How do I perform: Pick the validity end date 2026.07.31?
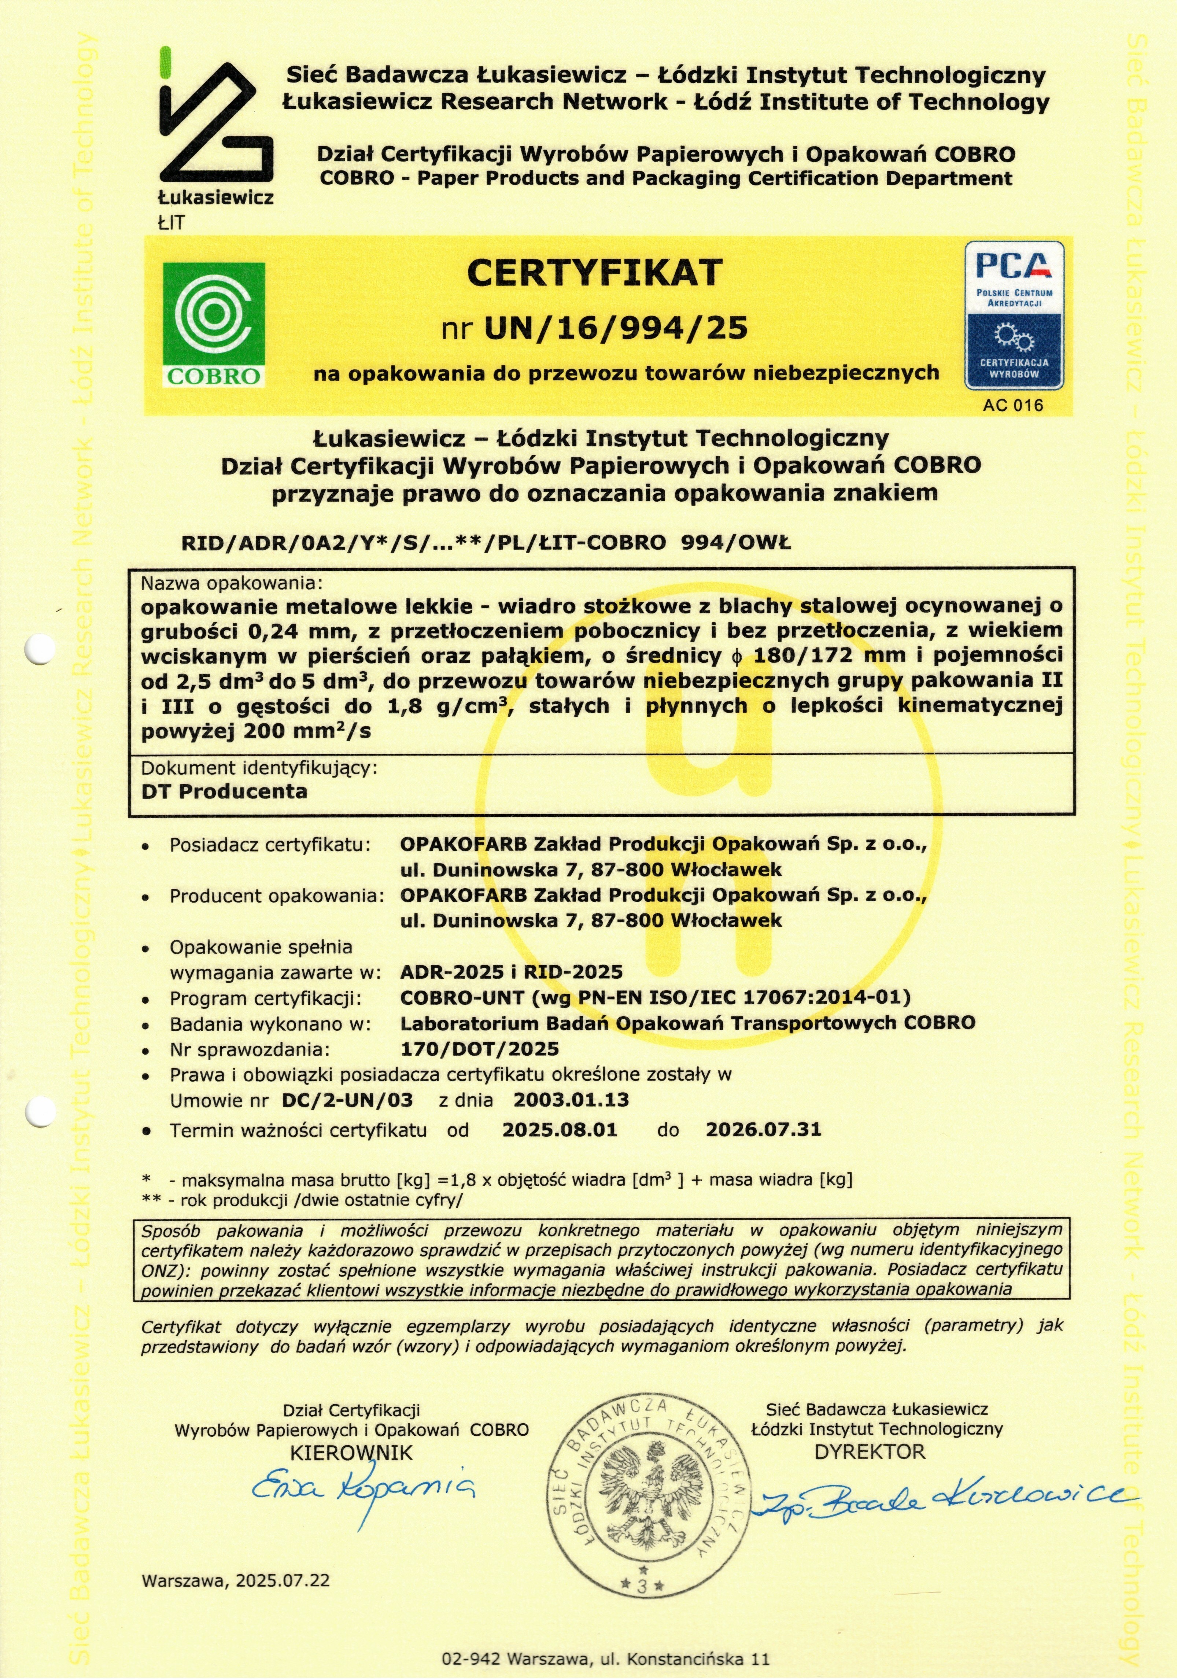tap(763, 1130)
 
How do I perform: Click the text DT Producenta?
tap(224, 791)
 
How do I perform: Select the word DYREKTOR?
tap(870, 1451)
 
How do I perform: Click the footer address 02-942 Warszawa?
tap(605, 1658)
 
